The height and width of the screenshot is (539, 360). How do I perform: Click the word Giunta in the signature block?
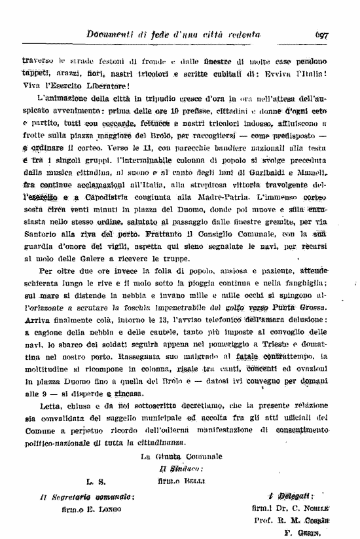pyautogui.click(x=166, y=456)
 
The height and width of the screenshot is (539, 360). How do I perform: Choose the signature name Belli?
pyautogui.click(x=195, y=481)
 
